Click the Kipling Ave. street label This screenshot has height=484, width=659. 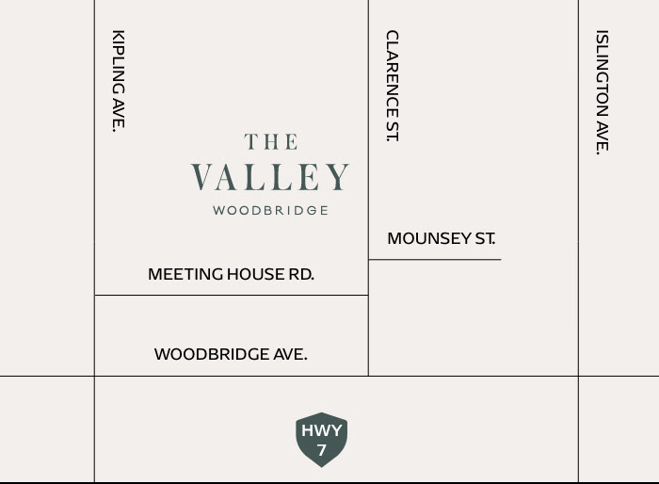point(119,81)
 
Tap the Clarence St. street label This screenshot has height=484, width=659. point(392,86)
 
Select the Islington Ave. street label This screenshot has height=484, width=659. point(603,91)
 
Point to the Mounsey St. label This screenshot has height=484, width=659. point(441,239)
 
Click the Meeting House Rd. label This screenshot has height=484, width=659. point(231,274)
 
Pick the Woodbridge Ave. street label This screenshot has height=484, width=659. point(231,355)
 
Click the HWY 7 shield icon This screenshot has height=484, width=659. point(321,439)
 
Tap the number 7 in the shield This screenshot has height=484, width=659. point(321,451)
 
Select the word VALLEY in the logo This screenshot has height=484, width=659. point(270,177)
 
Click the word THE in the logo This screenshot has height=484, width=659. point(271,142)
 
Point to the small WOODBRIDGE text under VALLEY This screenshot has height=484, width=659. point(270,211)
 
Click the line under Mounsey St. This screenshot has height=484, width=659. point(434,259)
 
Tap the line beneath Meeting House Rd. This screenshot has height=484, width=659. point(231,295)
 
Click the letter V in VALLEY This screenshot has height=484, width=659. point(201,177)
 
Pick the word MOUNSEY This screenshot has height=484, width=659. point(417,239)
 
